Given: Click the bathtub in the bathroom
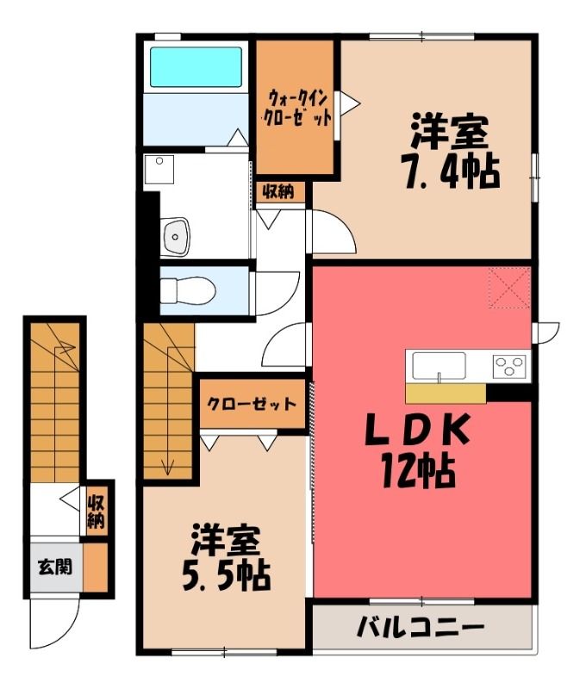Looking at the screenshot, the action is tap(196, 67).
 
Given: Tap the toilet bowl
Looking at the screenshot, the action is tap(188, 290).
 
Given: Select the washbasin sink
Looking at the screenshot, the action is tap(176, 237).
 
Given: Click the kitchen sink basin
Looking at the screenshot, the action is tap(439, 365).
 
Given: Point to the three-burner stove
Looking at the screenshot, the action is tap(509, 366).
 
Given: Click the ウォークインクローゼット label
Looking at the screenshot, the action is tap(296, 108).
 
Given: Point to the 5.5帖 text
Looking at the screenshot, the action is tap(226, 574).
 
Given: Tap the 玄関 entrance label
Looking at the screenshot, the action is tap(54, 567).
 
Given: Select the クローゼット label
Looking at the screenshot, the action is tap(252, 404).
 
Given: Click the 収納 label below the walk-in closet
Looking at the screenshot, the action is tap(278, 191).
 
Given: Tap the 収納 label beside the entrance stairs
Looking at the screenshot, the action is tap(97, 512).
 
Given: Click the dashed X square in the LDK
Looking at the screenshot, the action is tap(509, 288).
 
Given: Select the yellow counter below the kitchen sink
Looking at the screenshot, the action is tap(446, 394).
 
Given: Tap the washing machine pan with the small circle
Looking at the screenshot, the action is tap(159, 169).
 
